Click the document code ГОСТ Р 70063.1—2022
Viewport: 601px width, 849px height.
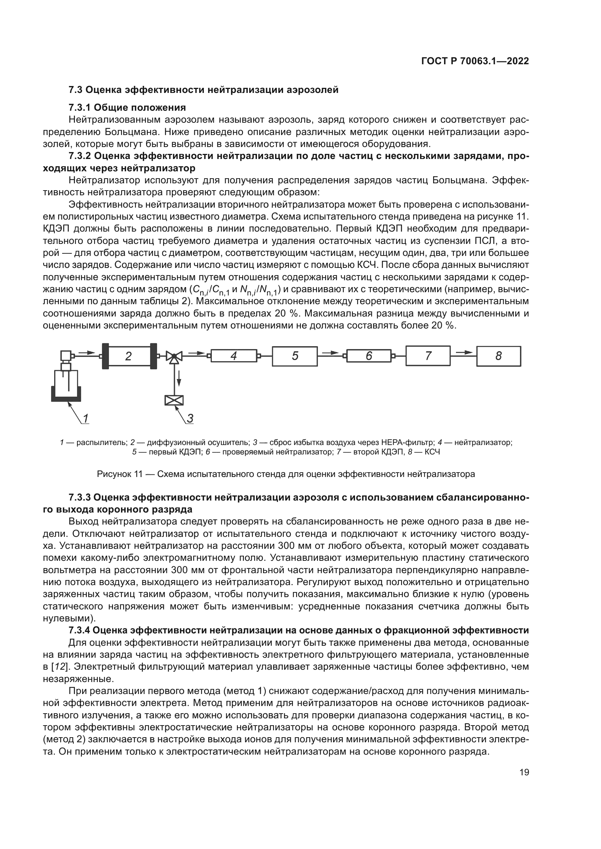coord(475,61)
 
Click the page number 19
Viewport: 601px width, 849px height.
coord(524,772)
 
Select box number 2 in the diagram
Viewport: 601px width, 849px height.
coord(128,356)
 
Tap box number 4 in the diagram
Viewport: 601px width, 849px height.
coord(234,356)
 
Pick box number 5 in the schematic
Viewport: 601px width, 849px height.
coord(295,356)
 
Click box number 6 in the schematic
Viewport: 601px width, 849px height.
coord(368,356)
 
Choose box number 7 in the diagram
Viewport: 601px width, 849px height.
coord(428,356)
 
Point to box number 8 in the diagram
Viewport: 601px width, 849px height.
coord(498,356)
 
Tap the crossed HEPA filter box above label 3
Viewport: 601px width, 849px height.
coord(174,400)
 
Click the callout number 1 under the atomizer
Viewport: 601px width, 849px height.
coord(86,419)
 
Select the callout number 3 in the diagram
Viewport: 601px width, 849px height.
coord(190,419)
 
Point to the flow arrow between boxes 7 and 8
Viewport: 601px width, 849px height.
coord(464,352)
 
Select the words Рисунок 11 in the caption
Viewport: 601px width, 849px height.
coord(120,474)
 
